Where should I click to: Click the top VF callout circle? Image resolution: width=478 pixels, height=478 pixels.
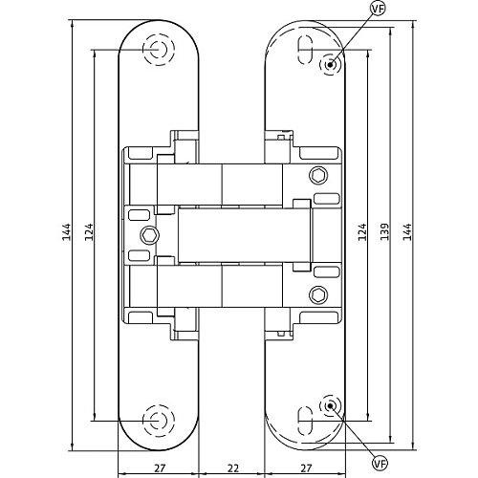[378, 9]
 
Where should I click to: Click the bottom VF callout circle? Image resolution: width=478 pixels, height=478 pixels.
[380, 464]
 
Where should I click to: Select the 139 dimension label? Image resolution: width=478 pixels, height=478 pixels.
[385, 231]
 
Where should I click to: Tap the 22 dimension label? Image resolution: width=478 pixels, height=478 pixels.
[233, 468]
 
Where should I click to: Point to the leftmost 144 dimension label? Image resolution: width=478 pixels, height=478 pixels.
[67, 231]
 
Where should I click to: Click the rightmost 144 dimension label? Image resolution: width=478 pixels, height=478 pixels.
[407, 231]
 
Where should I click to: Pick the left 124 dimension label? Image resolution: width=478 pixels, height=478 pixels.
[89, 231]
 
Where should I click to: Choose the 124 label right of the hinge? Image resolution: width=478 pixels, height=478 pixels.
[362, 231]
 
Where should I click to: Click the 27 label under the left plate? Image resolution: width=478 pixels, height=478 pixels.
[160, 468]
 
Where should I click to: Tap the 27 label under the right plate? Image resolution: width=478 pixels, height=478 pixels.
[306, 468]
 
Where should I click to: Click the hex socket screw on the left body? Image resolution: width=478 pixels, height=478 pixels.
[150, 235]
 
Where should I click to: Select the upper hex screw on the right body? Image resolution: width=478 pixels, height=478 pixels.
[318, 175]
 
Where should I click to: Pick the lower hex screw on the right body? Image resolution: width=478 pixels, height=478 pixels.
[318, 295]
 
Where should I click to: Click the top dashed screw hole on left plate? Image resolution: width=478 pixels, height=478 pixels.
[159, 50]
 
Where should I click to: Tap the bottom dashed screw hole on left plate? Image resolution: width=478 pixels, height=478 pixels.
[159, 421]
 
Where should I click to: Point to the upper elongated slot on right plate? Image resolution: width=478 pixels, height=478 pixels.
[305, 50]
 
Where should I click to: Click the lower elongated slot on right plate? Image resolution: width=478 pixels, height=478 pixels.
[305, 421]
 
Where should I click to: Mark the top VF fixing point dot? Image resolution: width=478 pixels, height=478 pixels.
[330, 65]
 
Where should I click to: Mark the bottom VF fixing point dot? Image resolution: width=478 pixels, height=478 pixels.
[330, 405]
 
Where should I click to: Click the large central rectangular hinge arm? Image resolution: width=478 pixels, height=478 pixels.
[244, 235]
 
